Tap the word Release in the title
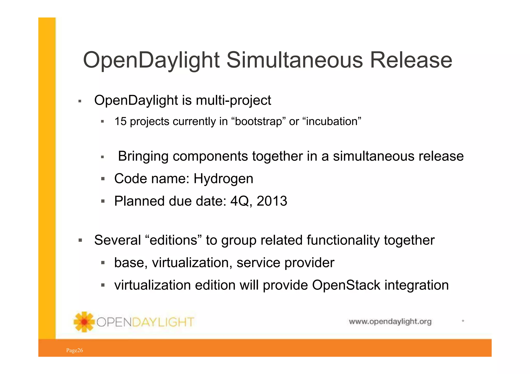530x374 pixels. pyautogui.click(x=411, y=60)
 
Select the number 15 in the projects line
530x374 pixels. pyautogui.click(x=120, y=121)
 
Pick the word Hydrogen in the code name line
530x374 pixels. pyautogui.click(x=223, y=179)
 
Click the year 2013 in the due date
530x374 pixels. pyautogui.click(x=272, y=201)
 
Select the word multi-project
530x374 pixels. pyautogui.click(x=233, y=100)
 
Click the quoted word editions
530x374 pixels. pyautogui.click(x=174, y=240)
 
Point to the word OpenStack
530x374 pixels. pyautogui.click(x=346, y=285)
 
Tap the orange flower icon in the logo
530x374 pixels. pyautogui.click(x=84, y=322)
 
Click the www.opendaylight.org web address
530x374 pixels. pyautogui.click(x=390, y=322)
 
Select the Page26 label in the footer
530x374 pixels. pyautogui.click(x=75, y=350)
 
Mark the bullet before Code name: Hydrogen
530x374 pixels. pyautogui.click(x=103, y=179)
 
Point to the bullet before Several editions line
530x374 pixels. pyautogui.click(x=80, y=240)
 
